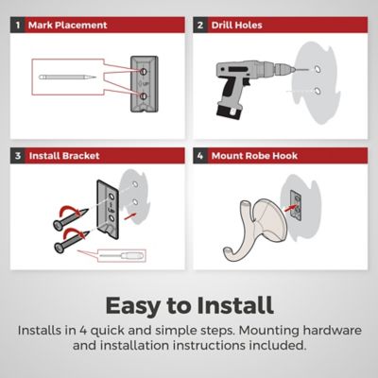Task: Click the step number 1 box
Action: point(18,25)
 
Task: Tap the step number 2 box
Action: point(200,25)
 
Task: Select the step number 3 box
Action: point(18,156)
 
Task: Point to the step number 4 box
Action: point(200,156)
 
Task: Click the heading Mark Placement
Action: point(68,26)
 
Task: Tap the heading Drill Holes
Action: point(236,26)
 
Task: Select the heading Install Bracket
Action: point(64,156)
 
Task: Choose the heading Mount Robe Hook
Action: point(254,156)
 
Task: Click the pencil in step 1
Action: point(67,77)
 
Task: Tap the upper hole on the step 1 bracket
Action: point(143,72)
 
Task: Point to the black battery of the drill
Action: point(229,112)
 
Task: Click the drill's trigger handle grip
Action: point(232,92)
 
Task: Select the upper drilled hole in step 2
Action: point(318,69)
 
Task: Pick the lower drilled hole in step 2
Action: point(318,92)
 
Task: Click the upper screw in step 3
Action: point(70,218)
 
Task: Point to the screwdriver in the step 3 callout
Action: point(122,255)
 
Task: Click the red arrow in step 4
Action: point(290,208)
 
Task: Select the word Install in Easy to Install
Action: point(235,305)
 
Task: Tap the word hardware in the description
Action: point(332,331)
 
